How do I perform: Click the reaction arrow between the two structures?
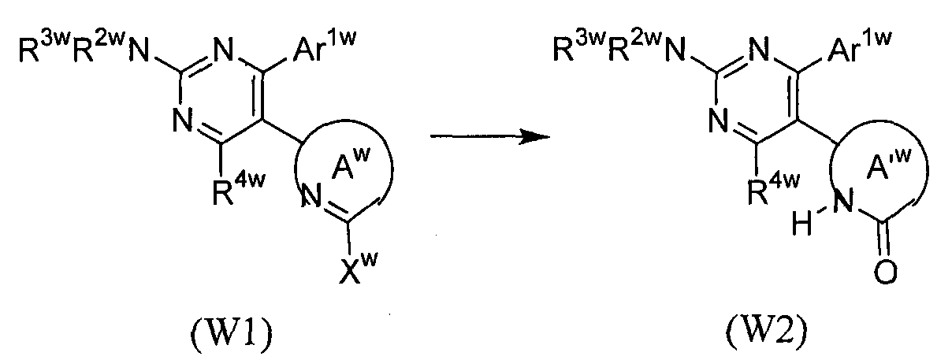(490, 137)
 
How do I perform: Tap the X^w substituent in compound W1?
(358, 267)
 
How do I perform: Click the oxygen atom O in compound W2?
(886, 272)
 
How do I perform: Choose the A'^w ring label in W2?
(889, 164)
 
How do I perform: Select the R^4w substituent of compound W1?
(239, 187)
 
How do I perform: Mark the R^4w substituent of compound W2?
(773, 187)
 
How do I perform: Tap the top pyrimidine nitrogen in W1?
(223, 50)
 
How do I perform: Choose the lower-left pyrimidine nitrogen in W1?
(183, 120)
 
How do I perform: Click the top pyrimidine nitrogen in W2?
(759, 50)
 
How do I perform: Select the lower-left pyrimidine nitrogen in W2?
(719, 120)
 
